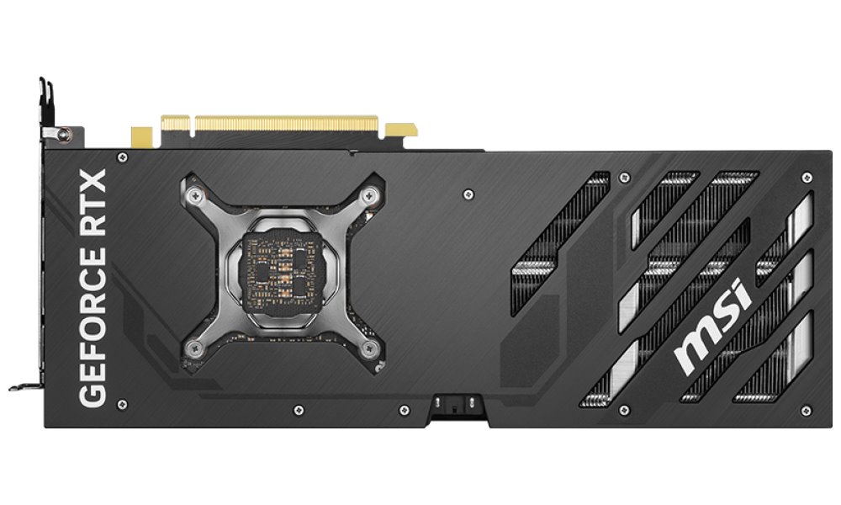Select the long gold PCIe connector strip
[287, 125]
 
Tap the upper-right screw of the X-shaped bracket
[369, 194]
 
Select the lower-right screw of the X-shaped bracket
[368, 350]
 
